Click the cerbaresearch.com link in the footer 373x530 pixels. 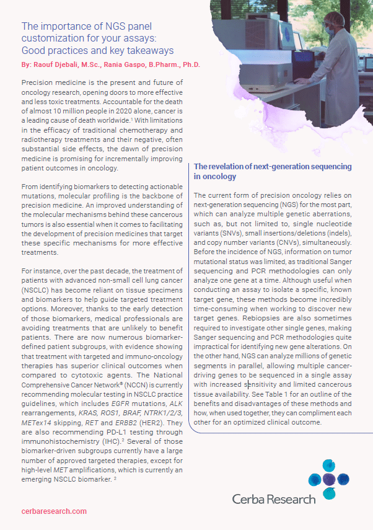[x=54, y=511]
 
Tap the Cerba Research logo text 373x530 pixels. [x=274, y=498]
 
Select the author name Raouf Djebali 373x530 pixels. [x=59, y=64]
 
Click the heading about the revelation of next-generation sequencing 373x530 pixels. [x=273, y=171]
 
